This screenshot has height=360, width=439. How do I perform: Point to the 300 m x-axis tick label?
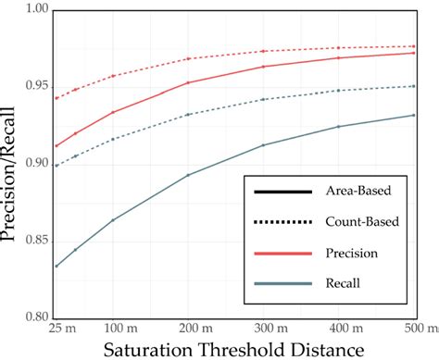[264, 329]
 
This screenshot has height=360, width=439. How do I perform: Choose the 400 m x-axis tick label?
[339, 329]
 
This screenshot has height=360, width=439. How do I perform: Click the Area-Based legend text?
[356, 192]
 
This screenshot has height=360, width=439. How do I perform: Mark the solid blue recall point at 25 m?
[56, 266]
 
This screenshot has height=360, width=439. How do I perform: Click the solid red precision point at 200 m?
[189, 82]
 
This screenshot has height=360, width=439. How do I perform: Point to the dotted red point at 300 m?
[264, 51]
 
